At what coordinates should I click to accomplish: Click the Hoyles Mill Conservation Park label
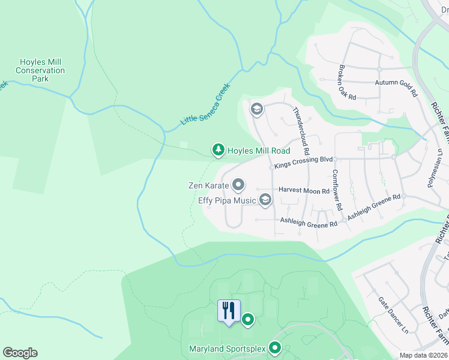[40, 70]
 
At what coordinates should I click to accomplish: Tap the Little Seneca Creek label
[206, 104]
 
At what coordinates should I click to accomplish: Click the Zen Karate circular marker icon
[238, 185]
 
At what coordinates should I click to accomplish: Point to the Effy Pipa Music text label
[228, 201]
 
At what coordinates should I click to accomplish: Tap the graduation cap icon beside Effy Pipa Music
[265, 201]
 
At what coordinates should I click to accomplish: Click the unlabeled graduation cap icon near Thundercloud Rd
[256, 109]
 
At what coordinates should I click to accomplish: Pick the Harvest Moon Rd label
[304, 190]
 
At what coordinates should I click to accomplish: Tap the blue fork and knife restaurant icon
[229, 311]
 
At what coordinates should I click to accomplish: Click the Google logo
[20, 353]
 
